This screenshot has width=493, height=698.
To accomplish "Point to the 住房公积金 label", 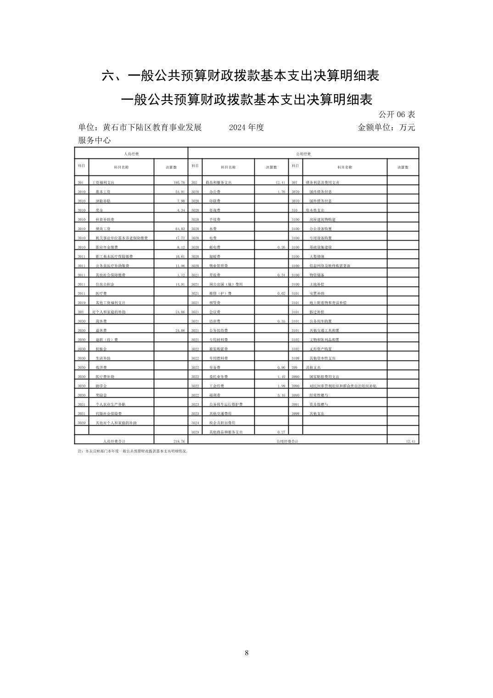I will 104,284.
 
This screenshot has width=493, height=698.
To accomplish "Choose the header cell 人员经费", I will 131,154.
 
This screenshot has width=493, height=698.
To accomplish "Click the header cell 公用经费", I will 303,154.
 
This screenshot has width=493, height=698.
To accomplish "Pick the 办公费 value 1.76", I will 281,192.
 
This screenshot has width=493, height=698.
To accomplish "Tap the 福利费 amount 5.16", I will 281,395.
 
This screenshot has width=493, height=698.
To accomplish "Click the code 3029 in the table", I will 195,432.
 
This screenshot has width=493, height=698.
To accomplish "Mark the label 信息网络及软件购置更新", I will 330,266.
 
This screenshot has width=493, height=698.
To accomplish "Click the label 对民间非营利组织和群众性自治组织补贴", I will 343,386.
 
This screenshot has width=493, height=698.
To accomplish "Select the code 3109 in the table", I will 295,358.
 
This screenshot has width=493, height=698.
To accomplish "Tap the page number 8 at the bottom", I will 246,653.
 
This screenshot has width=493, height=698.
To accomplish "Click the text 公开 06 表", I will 397,114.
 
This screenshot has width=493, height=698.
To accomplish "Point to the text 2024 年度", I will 246,128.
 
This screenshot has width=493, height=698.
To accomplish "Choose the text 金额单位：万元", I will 386,128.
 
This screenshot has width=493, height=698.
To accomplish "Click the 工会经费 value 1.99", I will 281,386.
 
